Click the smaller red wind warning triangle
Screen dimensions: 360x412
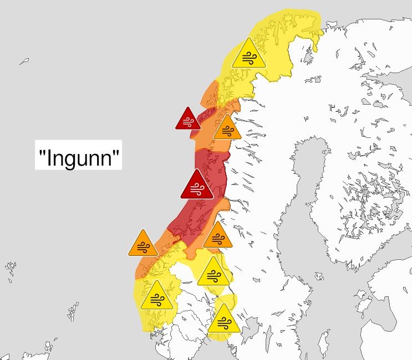click(188, 120)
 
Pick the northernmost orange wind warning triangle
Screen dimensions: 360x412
click(227, 129)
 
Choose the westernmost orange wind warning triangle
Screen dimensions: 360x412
click(143, 245)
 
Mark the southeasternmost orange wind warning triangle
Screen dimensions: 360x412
click(217, 236)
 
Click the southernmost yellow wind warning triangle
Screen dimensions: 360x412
click(223, 320)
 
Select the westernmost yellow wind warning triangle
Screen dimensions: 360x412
click(156, 296)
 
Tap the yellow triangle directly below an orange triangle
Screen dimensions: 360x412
click(212, 272)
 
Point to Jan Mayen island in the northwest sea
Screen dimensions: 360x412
click(24, 61)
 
